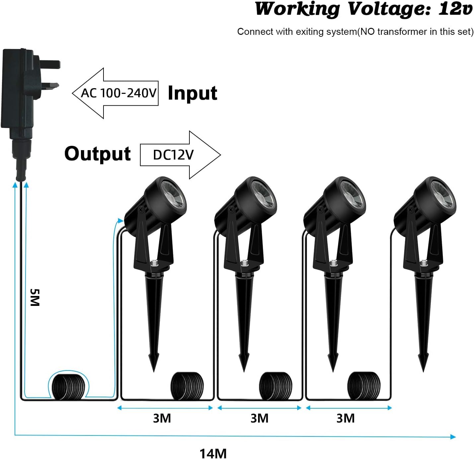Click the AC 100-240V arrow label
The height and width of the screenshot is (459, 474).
pyautogui.click(x=119, y=93)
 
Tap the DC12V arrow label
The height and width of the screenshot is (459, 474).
pyautogui.click(x=173, y=155)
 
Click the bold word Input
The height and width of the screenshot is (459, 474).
pyautogui.click(x=192, y=93)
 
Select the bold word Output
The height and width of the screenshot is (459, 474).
pyautogui.click(x=98, y=153)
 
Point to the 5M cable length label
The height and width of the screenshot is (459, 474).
pyautogui.click(x=34, y=297)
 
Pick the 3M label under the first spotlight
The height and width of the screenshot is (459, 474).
pyautogui.click(x=162, y=418)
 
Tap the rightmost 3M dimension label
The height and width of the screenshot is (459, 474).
pyautogui.click(x=345, y=418)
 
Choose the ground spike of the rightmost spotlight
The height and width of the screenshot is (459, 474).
pyautogui.click(x=424, y=324)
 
